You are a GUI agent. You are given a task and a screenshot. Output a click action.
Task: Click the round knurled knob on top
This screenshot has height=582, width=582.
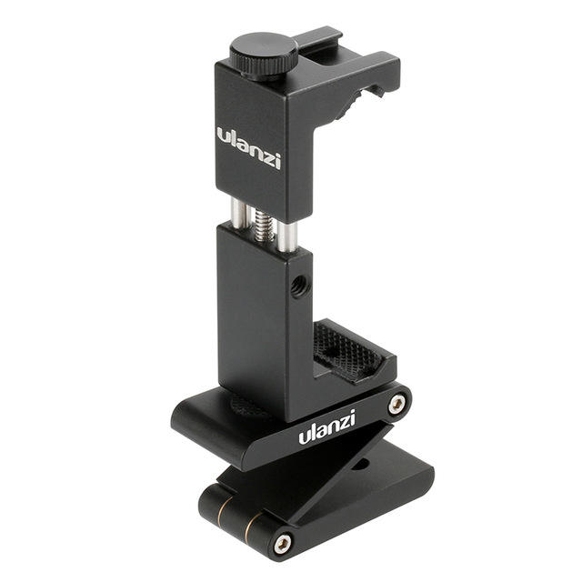point(264,56)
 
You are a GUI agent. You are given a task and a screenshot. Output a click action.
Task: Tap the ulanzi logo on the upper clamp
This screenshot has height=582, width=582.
point(248,148)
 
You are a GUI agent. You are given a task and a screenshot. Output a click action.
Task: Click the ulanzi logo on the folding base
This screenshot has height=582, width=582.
point(327,426)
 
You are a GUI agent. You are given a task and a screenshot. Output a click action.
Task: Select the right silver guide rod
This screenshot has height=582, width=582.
point(287,236)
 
